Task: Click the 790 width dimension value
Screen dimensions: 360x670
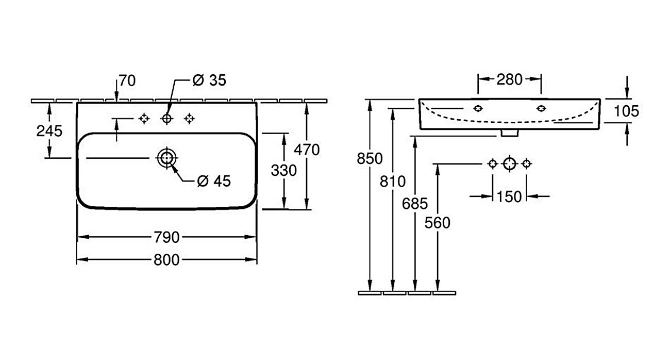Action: point(166,237)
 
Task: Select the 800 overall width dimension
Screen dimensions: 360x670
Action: point(166,260)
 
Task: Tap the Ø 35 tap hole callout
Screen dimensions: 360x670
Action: point(209,80)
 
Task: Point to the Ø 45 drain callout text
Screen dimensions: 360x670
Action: point(214,181)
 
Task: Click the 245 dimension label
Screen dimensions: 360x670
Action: point(49,131)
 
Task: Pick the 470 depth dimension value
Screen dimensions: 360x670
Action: point(307,150)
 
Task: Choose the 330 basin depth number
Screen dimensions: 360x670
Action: point(284,170)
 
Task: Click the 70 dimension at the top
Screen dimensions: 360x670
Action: point(127,80)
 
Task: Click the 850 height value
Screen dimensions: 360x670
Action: point(370,158)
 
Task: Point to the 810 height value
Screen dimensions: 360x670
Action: point(393,181)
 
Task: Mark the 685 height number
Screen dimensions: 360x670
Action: point(415,204)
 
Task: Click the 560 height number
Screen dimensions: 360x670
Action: point(438,223)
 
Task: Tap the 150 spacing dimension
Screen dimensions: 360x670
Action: point(509,197)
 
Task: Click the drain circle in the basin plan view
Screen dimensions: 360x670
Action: point(166,158)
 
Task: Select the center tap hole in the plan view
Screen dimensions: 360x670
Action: point(166,119)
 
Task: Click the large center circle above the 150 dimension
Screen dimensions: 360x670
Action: point(509,164)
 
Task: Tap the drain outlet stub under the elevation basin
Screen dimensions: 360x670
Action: point(509,133)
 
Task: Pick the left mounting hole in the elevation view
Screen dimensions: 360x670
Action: point(478,108)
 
